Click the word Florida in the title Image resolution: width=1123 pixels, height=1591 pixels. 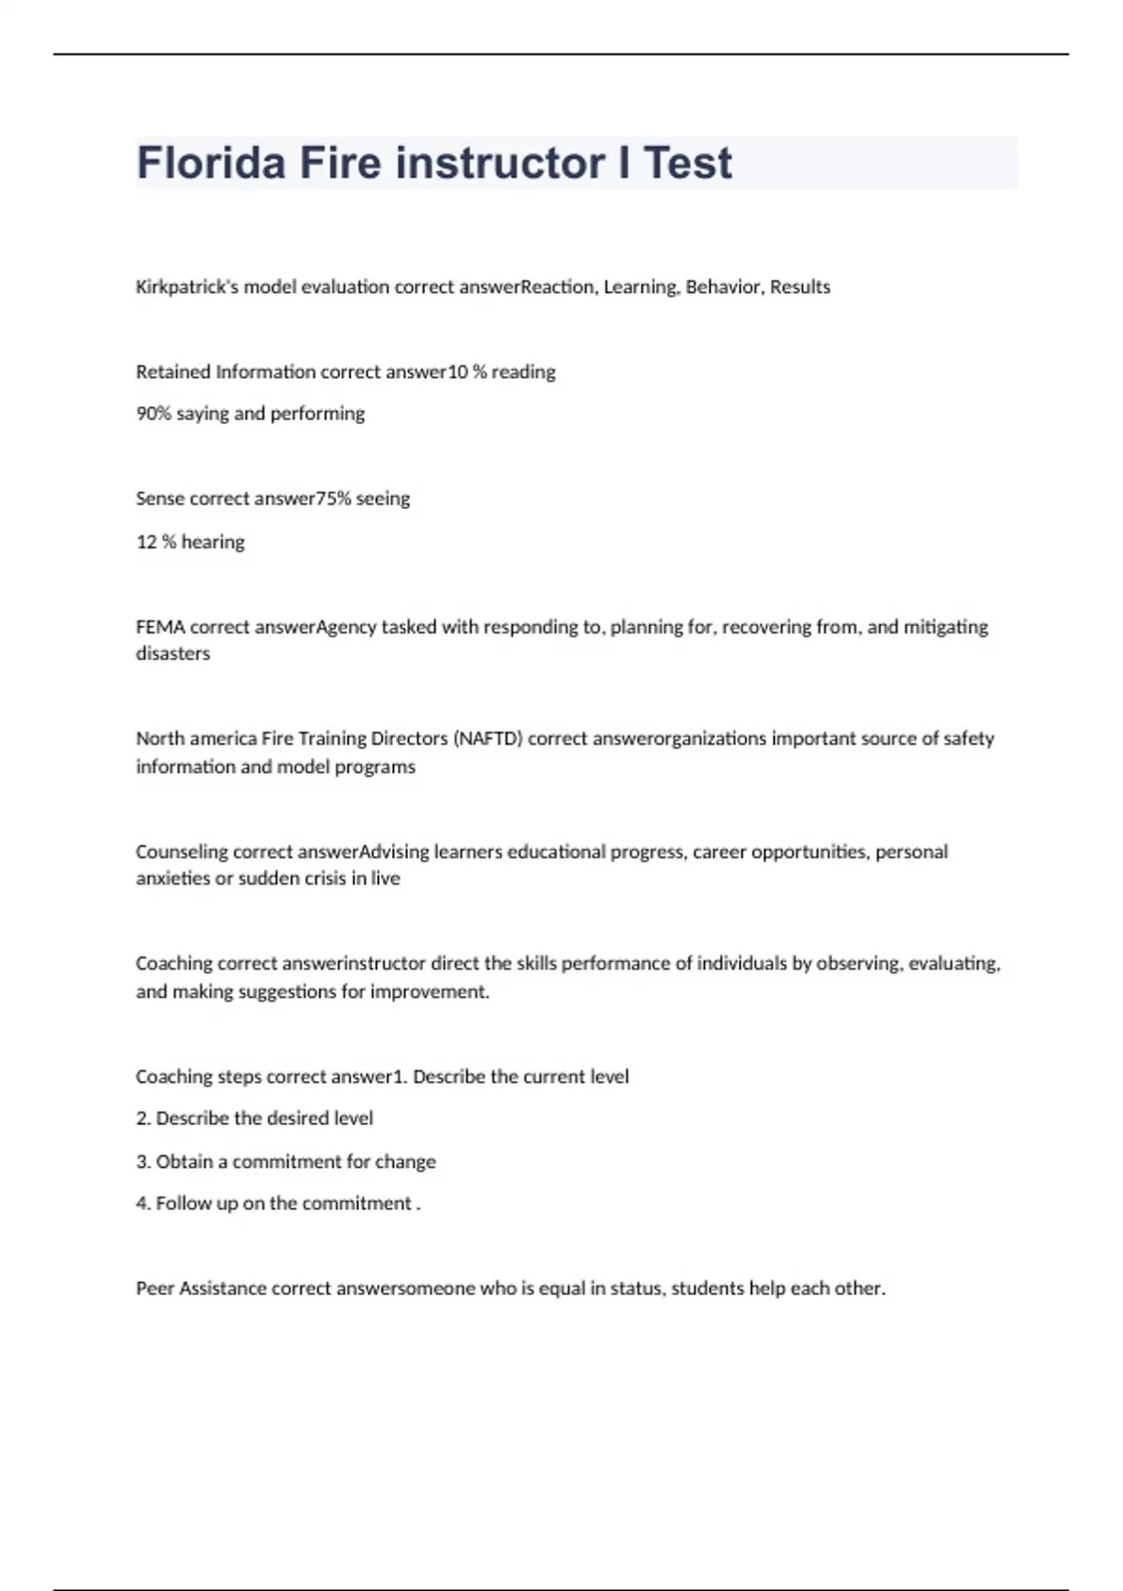211,163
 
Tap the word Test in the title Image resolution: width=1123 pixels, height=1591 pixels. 688,163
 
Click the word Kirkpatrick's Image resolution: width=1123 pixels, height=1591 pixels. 186,287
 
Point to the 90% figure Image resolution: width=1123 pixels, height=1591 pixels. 153,414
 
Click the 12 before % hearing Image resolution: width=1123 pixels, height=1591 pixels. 146,542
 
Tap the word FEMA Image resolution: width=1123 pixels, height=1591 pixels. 160,627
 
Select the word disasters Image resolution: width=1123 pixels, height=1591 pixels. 173,653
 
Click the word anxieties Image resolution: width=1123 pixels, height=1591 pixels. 172,879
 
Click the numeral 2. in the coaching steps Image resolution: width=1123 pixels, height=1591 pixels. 143,1118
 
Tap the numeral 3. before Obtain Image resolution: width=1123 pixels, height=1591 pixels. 143,1161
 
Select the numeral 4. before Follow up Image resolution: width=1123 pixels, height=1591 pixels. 143,1204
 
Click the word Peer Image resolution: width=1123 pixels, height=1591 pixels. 154,1289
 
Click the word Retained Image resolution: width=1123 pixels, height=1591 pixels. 173,372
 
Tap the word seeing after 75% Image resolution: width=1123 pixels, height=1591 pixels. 383,499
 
